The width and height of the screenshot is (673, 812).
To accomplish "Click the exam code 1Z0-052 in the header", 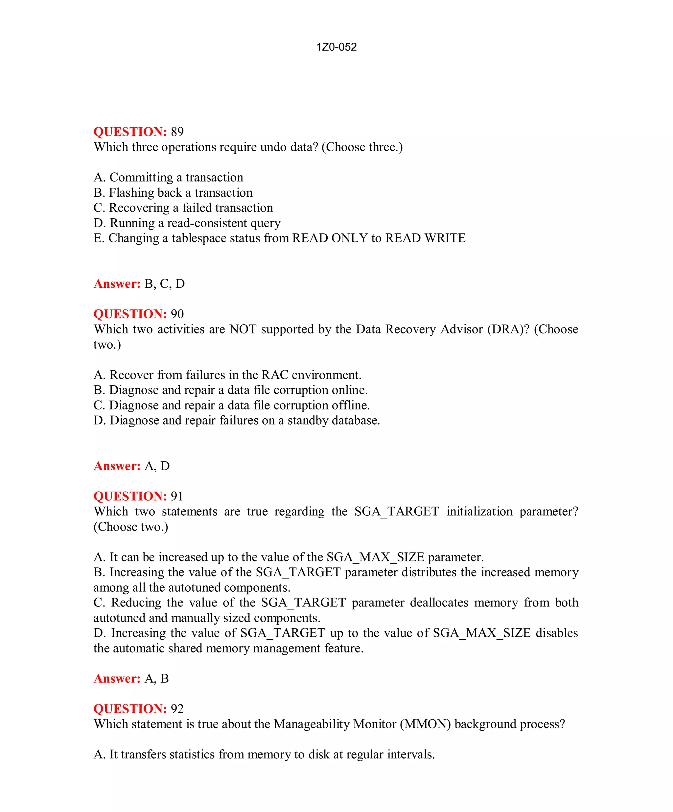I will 336,47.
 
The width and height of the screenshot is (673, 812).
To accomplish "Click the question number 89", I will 177,132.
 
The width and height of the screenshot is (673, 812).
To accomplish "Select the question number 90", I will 177,314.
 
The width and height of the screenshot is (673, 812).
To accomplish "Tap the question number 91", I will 177,496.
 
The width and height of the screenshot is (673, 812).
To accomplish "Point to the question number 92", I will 177,709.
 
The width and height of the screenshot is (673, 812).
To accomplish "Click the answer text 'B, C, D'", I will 165,284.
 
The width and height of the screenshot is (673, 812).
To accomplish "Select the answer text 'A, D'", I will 157,466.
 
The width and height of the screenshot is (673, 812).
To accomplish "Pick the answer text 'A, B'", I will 156,678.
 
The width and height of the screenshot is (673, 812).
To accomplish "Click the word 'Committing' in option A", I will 141,178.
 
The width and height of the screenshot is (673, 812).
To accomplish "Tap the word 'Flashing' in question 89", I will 131,193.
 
